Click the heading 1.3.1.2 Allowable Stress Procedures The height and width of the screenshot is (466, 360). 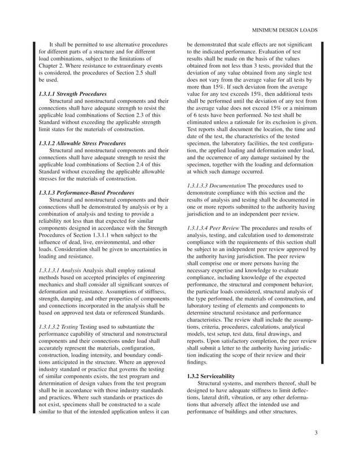click(x=82, y=144)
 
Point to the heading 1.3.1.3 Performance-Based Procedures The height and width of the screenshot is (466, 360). click(x=86, y=193)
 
